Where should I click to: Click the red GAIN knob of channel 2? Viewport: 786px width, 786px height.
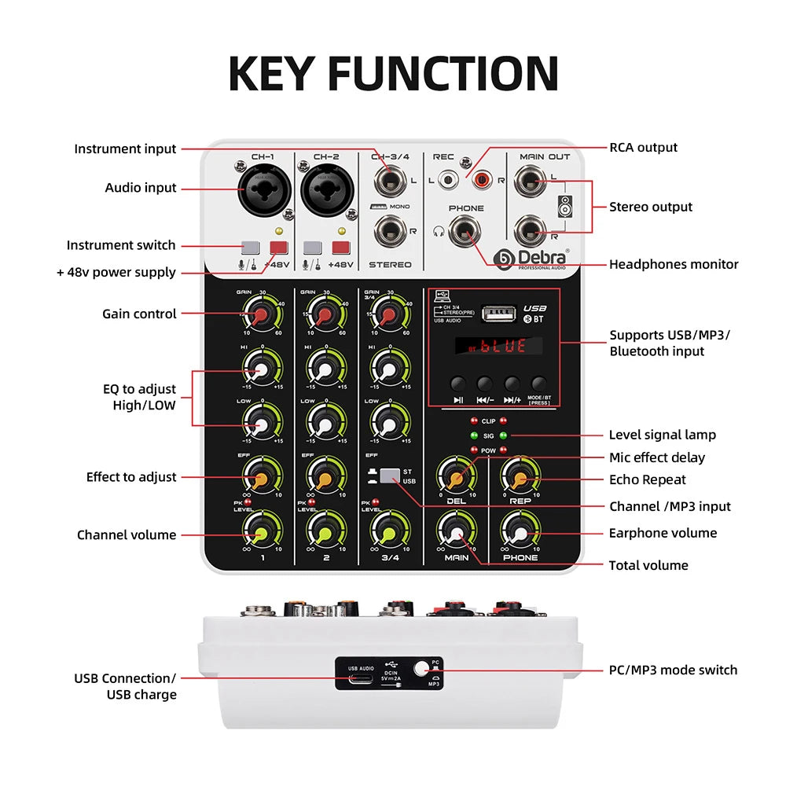click(x=322, y=316)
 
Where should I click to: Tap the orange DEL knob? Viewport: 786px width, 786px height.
click(x=456, y=477)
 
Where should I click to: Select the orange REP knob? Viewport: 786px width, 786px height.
click(x=520, y=476)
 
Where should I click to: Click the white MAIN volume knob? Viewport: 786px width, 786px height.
click(x=456, y=533)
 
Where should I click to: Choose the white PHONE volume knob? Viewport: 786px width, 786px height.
click(x=520, y=534)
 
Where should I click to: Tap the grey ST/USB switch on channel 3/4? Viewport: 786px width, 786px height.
click(x=389, y=476)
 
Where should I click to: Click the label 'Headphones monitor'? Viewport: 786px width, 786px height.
click(x=674, y=265)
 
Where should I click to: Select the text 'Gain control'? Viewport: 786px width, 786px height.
click(x=139, y=314)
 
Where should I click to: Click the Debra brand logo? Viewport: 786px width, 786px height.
click(x=532, y=259)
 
